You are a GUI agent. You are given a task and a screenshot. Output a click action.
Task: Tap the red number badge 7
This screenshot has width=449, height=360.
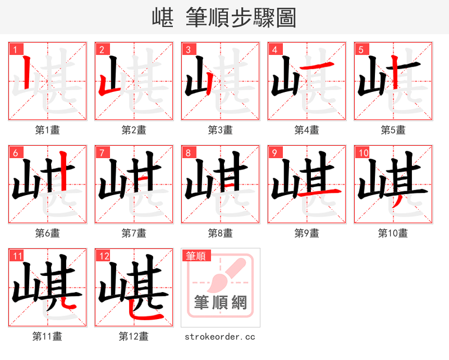coord(102,153)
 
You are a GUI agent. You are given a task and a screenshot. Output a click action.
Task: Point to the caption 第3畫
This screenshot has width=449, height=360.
coord(220,130)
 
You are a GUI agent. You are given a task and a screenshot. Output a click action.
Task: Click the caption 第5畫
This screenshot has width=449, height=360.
coord(393,130)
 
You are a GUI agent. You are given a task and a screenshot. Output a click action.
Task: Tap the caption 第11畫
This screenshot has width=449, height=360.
coord(47,336)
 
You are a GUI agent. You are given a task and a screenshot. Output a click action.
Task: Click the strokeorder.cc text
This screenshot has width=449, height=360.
coord(220,336)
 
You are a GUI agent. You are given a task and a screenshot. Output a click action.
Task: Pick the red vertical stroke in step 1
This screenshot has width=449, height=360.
coord(27,73)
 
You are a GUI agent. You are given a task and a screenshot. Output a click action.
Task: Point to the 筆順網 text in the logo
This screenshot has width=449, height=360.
coord(221,303)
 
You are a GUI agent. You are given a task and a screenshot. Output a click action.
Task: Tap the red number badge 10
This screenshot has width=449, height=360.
coord(363,153)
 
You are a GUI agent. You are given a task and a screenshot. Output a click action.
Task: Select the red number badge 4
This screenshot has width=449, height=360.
coord(274,49)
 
